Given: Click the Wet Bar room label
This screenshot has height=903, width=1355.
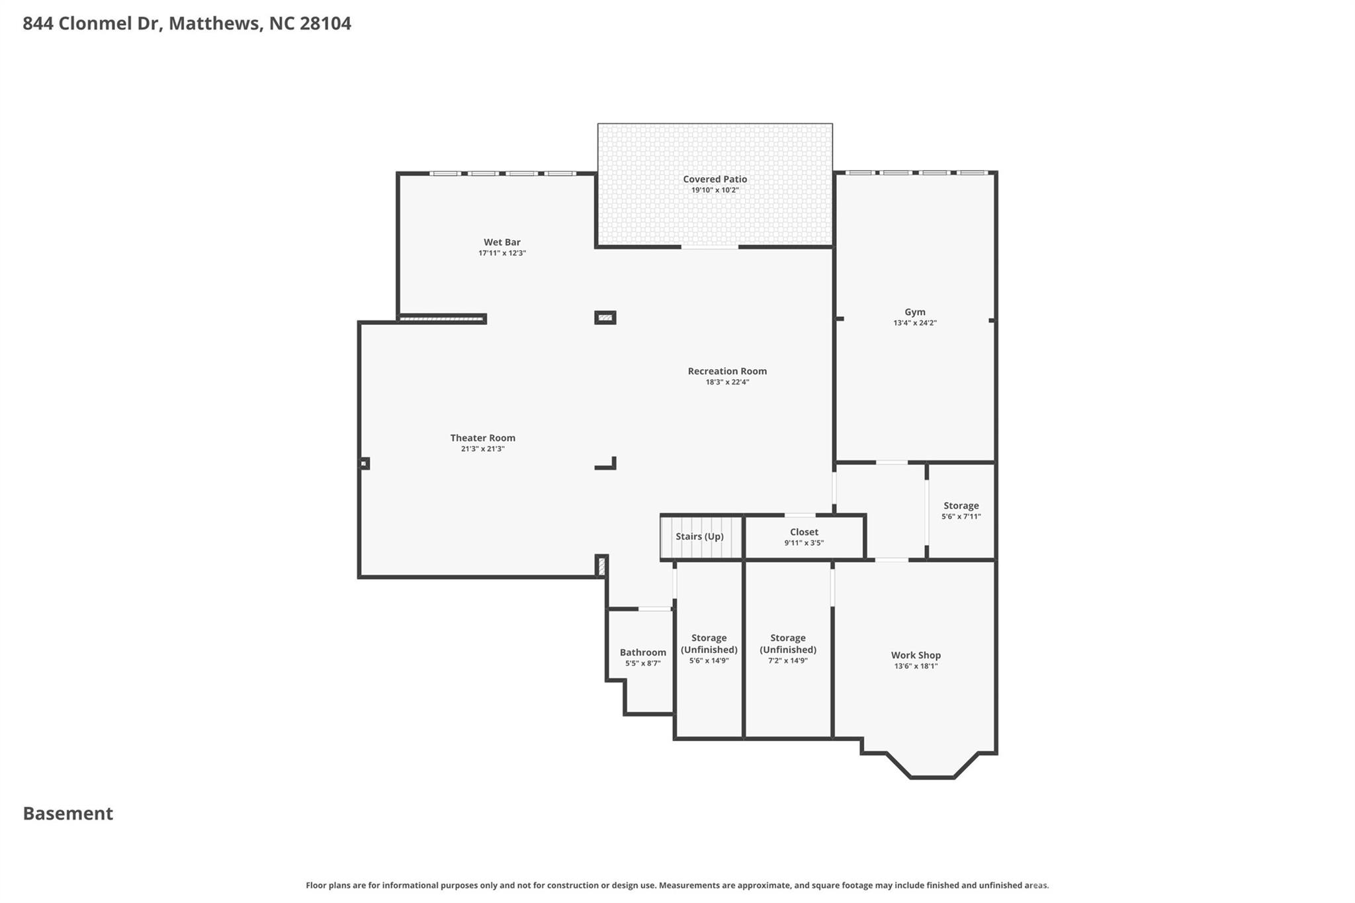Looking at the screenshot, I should click(x=502, y=242).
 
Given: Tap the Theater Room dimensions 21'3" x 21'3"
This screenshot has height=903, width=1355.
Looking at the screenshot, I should click(x=482, y=449).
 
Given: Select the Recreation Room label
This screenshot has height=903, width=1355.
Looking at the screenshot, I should click(x=726, y=371).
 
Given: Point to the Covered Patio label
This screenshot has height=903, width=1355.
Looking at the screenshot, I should click(x=715, y=179).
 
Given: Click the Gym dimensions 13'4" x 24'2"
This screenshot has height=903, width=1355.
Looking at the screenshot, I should click(x=914, y=323).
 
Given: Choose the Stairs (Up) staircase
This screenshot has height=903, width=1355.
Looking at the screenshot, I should click(x=700, y=537).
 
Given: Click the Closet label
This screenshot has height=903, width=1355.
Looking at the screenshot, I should click(x=804, y=532).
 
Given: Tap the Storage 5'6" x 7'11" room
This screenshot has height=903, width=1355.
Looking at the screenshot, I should click(x=961, y=511).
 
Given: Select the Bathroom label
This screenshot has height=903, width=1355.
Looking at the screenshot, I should click(x=642, y=652).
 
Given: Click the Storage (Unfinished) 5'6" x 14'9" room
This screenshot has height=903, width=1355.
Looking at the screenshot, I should click(x=709, y=648).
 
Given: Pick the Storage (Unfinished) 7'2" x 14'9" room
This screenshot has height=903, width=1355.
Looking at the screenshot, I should click(x=787, y=648).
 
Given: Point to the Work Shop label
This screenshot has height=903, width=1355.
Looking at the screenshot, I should click(x=916, y=655).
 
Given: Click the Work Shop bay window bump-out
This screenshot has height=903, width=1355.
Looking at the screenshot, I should click(x=932, y=764).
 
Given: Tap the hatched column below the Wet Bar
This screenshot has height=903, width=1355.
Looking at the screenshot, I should click(x=605, y=318).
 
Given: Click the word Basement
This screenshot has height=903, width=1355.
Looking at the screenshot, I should click(x=68, y=813).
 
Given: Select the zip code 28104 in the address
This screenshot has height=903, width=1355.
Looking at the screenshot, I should click(x=326, y=24).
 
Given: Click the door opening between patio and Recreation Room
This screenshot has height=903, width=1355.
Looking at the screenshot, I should click(x=709, y=247).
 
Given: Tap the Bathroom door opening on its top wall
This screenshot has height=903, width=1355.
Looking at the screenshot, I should click(x=654, y=609).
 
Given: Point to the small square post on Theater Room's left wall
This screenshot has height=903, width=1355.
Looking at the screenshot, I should click(x=363, y=464).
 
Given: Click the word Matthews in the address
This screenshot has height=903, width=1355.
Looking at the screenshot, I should click(x=214, y=24).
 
